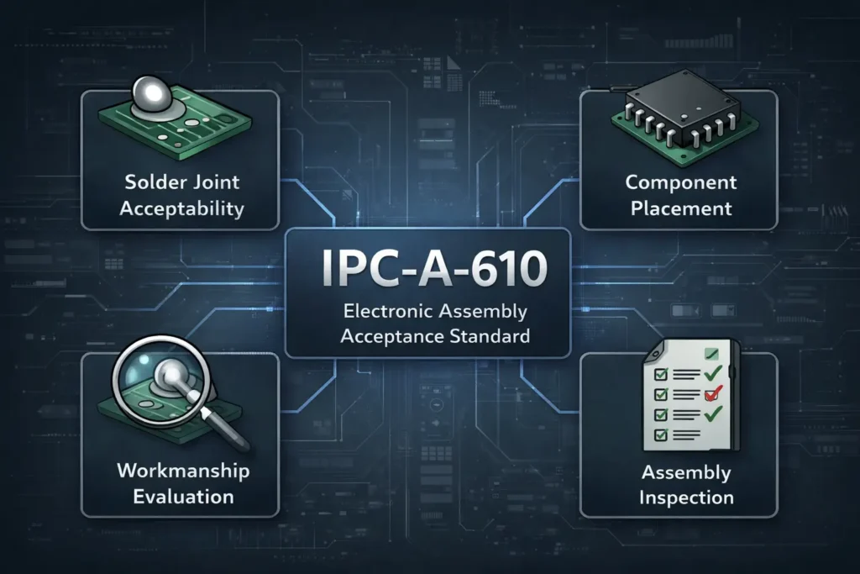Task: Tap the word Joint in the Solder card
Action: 211,182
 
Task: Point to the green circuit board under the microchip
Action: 638,130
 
